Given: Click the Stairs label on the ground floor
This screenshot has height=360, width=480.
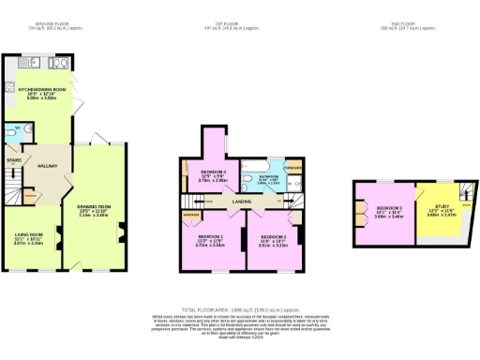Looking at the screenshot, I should coord(14,160).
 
